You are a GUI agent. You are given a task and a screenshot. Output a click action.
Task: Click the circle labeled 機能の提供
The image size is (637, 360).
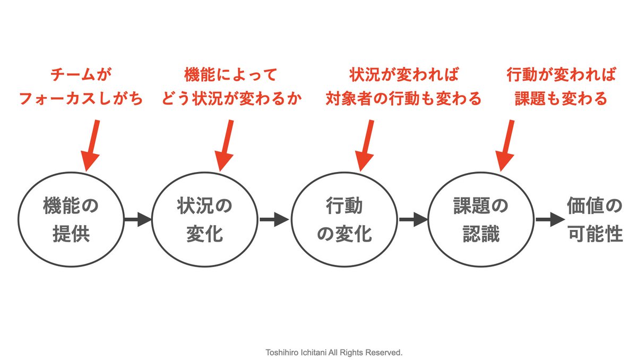[x=71, y=219]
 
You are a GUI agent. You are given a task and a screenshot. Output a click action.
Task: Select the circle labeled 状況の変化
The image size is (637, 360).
[x=204, y=219]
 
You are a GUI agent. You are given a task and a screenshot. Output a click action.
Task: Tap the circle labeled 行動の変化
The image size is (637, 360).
[x=344, y=219]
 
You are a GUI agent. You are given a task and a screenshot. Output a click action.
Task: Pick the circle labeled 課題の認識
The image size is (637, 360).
[x=480, y=219]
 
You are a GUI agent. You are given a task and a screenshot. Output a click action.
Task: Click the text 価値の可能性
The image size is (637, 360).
[x=593, y=219]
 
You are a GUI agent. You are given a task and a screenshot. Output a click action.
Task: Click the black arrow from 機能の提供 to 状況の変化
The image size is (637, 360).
[x=137, y=219]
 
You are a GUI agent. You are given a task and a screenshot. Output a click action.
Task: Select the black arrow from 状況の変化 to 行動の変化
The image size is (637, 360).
[x=274, y=219]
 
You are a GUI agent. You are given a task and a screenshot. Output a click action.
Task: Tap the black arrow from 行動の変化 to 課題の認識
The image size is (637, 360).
[x=413, y=219]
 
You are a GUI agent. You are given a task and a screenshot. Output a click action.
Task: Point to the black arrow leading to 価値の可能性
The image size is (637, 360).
[x=549, y=219]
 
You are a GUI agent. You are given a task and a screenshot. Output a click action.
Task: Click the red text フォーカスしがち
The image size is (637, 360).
[x=81, y=99]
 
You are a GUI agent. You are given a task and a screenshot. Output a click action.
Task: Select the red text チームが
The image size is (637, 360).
[x=81, y=75]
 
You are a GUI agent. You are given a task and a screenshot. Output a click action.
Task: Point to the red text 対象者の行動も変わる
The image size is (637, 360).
[x=403, y=99]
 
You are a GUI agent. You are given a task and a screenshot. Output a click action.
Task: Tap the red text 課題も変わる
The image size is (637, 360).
[x=561, y=99]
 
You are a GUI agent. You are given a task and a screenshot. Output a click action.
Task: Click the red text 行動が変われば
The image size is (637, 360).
[x=561, y=75]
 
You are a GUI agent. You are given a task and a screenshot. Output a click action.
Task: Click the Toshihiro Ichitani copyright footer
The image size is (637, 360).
[x=334, y=352]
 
